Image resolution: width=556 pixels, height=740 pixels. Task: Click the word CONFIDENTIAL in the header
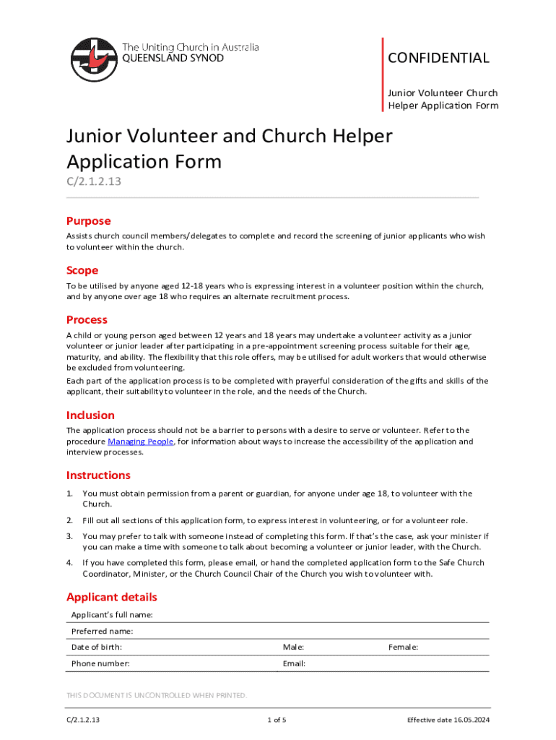pyautogui.click(x=439, y=58)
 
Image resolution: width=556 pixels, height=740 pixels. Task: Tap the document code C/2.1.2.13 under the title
pyautogui.click(x=94, y=181)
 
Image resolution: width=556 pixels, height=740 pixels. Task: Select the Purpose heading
pyautogui.click(x=88, y=221)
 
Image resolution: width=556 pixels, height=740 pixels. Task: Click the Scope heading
pyautogui.click(x=82, y=270)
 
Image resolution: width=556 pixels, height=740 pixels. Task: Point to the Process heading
pyautogui.click(x=87, y=319)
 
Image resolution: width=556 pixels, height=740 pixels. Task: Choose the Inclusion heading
pyautogui.click(x=90, y=415)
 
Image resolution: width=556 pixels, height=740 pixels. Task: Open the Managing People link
pyautogui.click(x=140, y=442)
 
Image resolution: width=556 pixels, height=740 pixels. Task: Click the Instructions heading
pyautogui.click(x=98, y=475)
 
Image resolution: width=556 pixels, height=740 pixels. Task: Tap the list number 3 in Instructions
pyautogui.click(x=70, y=536)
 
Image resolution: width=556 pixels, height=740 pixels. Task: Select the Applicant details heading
pyautogui.click(x=111, y=597)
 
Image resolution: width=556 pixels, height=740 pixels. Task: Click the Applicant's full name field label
pyautogui.click(x=112, y=615)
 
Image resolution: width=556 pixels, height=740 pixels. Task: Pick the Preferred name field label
pyautogui.click(x=102, y=632)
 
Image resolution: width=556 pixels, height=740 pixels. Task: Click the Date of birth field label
pyautogui.click(x=96, y=647)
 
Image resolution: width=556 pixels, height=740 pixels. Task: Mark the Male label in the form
pyautogui.click(x=293, y=647)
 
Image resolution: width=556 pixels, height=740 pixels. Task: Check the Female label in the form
pyautogui.click(x=403, y=647)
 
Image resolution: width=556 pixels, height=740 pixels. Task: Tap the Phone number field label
pyautogui.click(x=100, y=663)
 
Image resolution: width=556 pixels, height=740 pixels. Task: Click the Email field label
pyautogui.click(x=294, y=663)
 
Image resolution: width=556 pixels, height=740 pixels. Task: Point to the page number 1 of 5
pyautogui.click(x=277, y=720)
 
